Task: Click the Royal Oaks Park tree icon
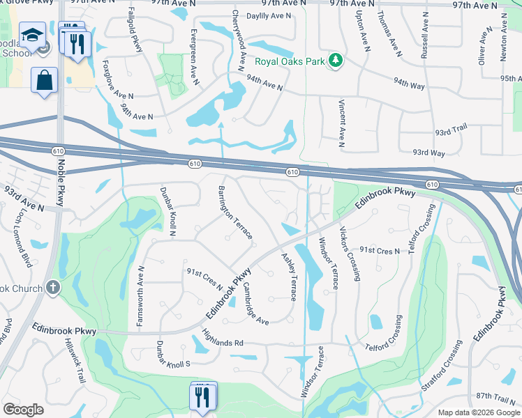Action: tap(336, 61)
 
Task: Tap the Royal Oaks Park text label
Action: tap(290, 61)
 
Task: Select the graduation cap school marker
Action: tap(32, 36)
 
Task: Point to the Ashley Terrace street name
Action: tap(289, 277)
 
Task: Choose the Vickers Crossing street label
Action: tap(350, 253)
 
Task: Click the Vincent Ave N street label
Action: tap(341, 123)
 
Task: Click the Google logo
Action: tap(24, 410)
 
